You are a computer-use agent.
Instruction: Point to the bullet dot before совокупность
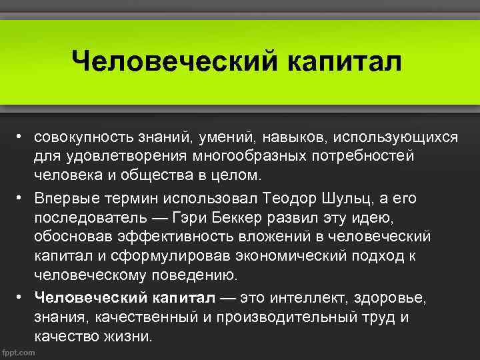coord(21,137)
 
